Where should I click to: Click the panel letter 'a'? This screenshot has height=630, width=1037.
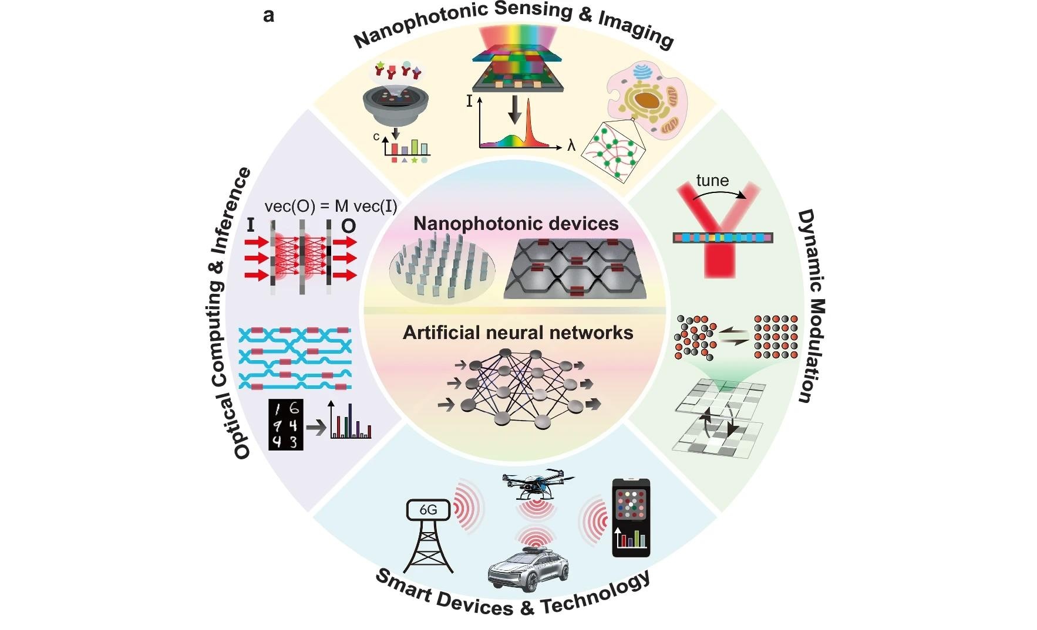tap(269, 16)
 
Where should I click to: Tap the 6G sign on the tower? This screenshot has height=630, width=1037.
tap(428, 510)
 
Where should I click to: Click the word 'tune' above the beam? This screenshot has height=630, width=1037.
tap(712, 181)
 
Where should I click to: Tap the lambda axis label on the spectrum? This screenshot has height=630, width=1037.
tap(571, 145)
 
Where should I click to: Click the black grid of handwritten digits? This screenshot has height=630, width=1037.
tap(286, 425)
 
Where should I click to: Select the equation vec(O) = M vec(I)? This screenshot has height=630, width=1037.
tap(331, 206)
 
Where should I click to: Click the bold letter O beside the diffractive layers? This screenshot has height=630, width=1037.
tap(348, 226)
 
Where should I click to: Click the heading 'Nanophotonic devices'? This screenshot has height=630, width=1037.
tap(516, 223)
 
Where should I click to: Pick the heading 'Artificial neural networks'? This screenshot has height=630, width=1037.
tap(517, 333)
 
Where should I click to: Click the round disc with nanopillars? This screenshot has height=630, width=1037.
tap(442, 269)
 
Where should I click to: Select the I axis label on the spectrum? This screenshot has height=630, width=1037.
tap(469, 101)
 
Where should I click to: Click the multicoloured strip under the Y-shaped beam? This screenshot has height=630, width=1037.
tap(722, 238)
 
